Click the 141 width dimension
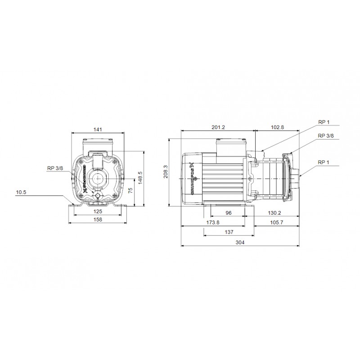(98, 130)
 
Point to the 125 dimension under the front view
(98, 211)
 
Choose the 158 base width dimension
(98, 220)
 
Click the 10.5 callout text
(21, 193)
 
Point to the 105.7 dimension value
(276, 223)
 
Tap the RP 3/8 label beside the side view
(326, 135)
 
